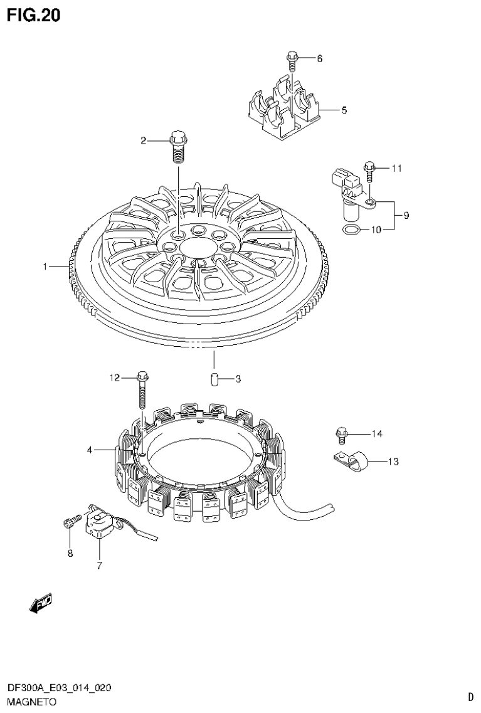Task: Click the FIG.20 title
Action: pyautogui.click(x=34, y=16)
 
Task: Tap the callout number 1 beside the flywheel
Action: pyautogui.click(x=45, y=267)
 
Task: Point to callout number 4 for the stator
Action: pyautogui.click(x=90, y=450)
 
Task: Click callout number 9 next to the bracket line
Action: pyautogui.click(x=406, y=216)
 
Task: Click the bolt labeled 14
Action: pyautogui.click(x=342, y=432)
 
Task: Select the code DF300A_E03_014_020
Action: pyautogui.click(x=60, y=689)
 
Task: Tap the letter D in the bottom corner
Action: pyautogui.click(x=470, y=696)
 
